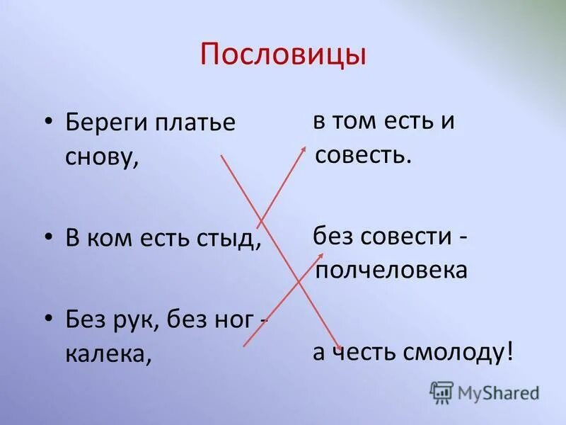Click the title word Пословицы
pyautogui.click(x=283, y=55)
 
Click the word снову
pyautogui.click(x=100, y=157)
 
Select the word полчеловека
pyautogui.click(x=391, y=270)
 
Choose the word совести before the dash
pyautogui.click(x=403, y=237)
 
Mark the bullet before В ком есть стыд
pyautogui.click(x=49, y=238)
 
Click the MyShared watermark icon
pyautogui.click(x=441, y=392)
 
